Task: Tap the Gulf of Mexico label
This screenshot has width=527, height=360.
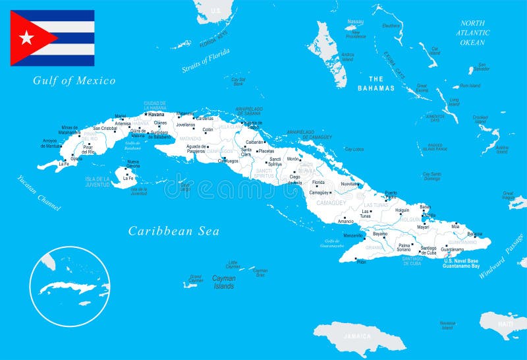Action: coord(74,81)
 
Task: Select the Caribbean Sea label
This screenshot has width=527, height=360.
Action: coord(173,231)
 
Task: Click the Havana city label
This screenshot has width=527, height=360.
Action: coord(156,114)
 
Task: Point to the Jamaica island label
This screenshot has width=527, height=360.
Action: coord(358,336)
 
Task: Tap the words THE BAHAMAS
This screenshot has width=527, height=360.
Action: coord(376,83)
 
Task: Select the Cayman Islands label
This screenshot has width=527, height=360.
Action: coord(223,282)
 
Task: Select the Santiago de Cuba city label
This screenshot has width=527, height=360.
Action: coord(428,250)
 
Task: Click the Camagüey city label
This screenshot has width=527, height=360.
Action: coord(320,193)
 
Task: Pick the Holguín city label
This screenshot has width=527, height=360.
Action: coord(402,210)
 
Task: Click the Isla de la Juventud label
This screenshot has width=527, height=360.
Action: coord(97,181)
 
